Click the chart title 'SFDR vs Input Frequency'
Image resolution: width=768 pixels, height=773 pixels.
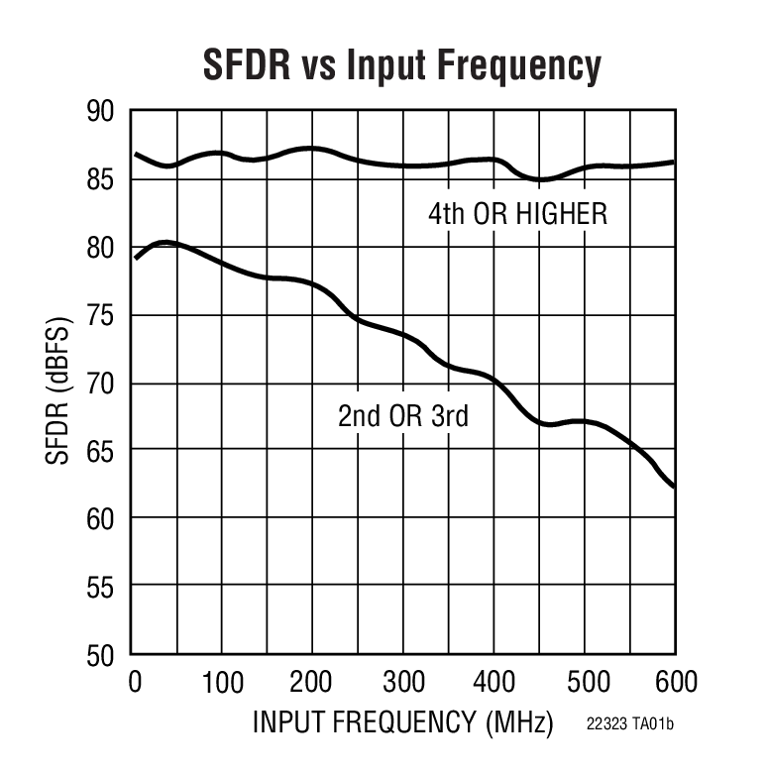tap(401, 66)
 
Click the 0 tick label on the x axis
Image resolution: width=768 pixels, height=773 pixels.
tap(136, 683)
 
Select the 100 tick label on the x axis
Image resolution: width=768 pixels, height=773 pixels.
tap(222, 683)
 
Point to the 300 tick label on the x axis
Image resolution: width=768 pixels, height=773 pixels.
tap(403, 683)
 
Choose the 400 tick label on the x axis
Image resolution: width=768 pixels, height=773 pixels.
tap(494, 683)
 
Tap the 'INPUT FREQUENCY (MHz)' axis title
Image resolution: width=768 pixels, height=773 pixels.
tap(402, 723)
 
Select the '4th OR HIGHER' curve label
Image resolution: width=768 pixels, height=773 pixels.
tap(517, 213)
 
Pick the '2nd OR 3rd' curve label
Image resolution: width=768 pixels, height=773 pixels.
tap(402, 416)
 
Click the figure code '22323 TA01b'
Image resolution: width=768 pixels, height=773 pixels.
tap(629, 725)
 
